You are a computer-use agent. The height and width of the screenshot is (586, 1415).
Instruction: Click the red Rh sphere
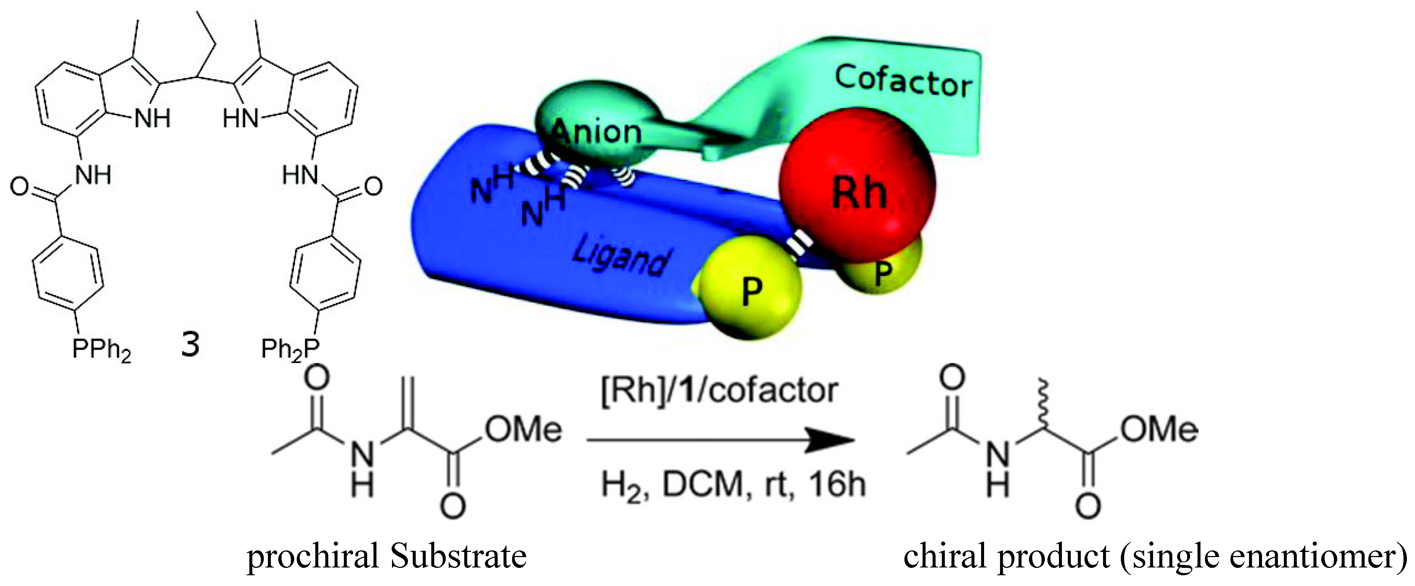pyautogui.click(x=857, y=187)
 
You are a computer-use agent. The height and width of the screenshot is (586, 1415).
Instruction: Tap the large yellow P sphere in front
pyautogui.click(x=750, y=288)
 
